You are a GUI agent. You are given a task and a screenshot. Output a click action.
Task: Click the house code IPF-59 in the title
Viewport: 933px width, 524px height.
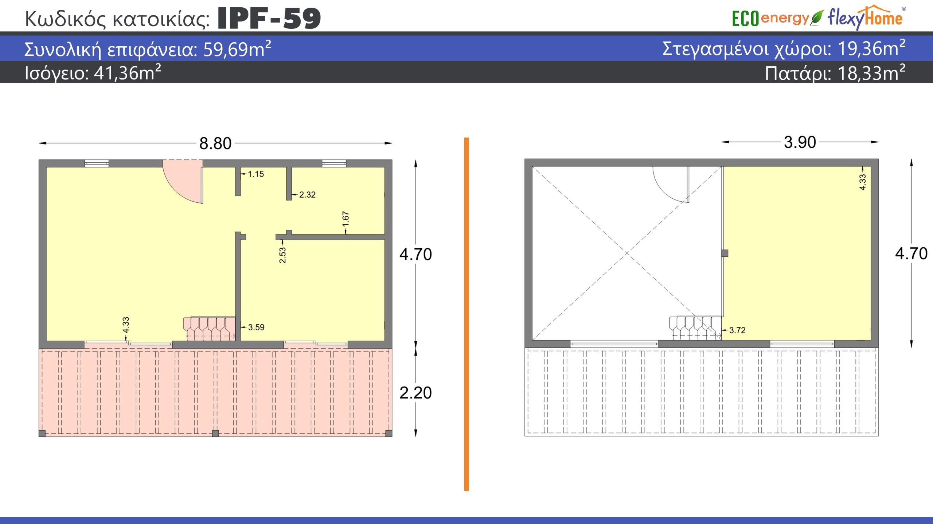tap(269, 18)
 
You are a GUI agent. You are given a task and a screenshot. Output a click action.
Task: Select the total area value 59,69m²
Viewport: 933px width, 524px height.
tap(237, 49)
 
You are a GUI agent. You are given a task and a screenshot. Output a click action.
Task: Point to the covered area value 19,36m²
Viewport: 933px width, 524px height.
tap(871, 48)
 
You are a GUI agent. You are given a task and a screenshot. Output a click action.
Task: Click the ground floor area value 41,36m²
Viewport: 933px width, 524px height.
tap(127, 73)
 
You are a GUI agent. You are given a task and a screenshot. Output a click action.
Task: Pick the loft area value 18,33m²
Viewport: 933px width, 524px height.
tap(871, 73)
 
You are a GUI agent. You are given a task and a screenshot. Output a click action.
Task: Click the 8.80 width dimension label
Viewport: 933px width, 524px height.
tap(215, 143)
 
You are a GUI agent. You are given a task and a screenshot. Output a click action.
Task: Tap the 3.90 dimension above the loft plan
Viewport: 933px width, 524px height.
tap(800, 142)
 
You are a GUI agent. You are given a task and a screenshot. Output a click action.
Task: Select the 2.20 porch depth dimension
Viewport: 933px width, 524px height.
tap(415, 393)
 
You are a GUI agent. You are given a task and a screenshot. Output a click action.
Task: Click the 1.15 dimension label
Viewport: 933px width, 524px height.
tap(256, 174)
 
